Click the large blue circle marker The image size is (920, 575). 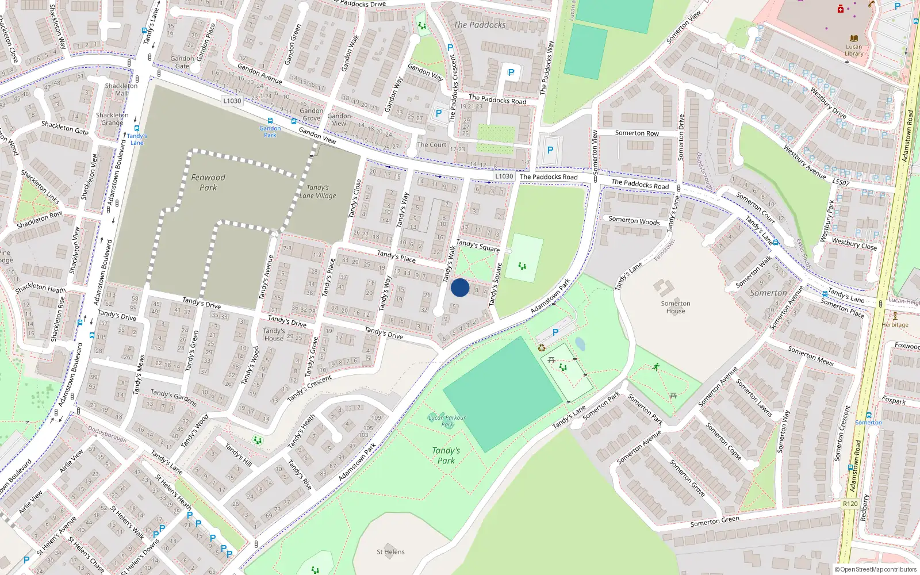pos(460,287)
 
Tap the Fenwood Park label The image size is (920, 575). pos(208,182)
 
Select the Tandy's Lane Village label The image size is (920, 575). pos(317,191)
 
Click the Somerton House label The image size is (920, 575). pos(676,307)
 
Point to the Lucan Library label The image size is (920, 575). pos(854,51)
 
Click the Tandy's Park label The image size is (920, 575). pos(446,455)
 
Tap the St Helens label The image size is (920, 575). pos(390,552)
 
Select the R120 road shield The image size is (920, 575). pos(850,504)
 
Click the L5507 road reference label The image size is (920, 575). pos(841,182)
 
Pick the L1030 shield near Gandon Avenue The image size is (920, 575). pos(232,101)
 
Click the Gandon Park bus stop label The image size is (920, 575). pos(270,132)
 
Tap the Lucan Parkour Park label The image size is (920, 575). pos(447,421)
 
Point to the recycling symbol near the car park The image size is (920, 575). pos(541,347)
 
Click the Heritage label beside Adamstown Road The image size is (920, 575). pos(895,324)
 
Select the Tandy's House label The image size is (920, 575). pos(274,335)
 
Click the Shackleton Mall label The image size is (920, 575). pos(121,90)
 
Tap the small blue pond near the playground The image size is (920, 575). pos(580,344)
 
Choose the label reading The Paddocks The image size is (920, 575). pos(480,25)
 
